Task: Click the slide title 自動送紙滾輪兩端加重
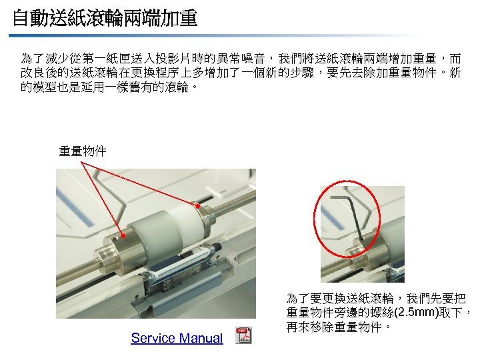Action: coord(105,18)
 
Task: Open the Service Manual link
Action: coord(177,338)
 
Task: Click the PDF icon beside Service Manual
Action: coord(244,335)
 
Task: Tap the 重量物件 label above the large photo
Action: coord(83,151)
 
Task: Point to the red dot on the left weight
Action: coord(123,235)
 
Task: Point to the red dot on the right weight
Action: coord(198,206)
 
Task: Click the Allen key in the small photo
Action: coord(349,214)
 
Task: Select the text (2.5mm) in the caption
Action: coord(417,313)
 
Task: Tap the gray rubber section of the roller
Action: coord(150,236)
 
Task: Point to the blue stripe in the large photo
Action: coord(75,207)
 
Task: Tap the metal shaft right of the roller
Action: coord(233,202)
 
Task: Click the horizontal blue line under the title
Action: coord(214,36)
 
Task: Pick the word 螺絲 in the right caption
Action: coord(383,313)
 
